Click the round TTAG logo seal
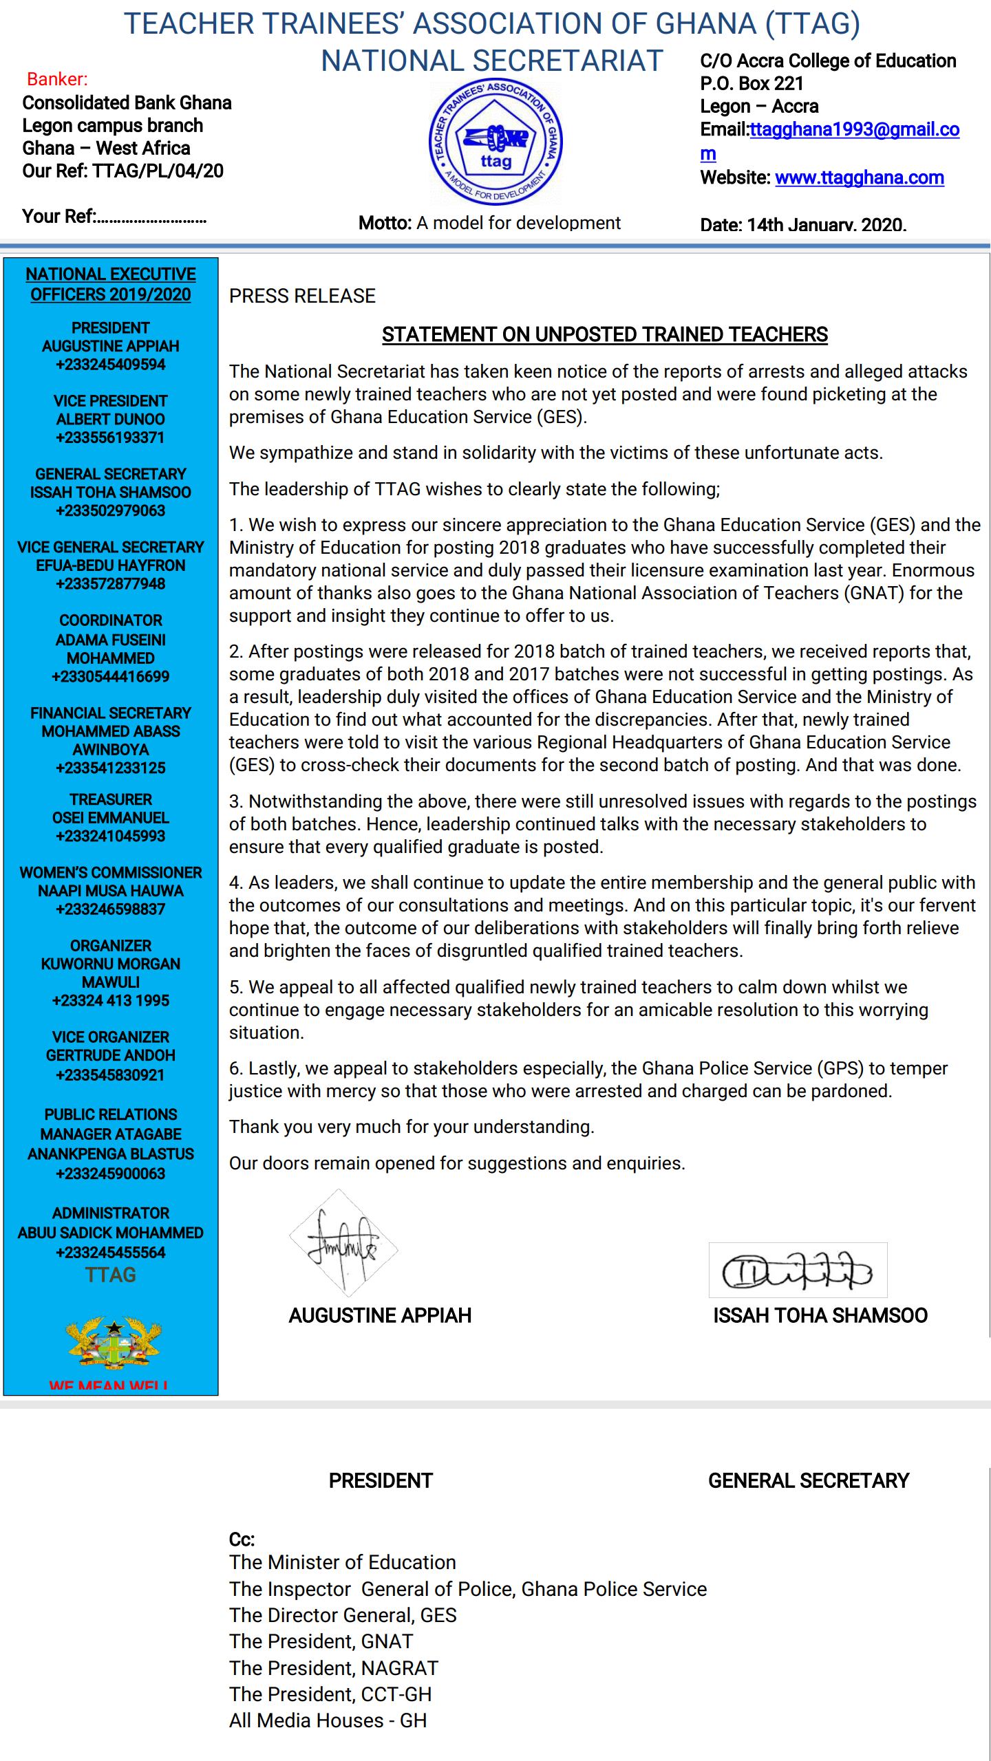pos(495,142)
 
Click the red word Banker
pos(57,79)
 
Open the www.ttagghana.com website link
pos(859,177)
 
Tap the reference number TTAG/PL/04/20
pos(158,171)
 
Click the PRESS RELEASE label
pos(302,296)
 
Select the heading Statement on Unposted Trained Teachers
pos(604,334)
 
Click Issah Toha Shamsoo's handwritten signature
pos(798,1271)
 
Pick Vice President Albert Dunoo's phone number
pos(110,437)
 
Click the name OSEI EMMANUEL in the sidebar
pos(110,818)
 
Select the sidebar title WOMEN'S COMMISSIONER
pos(110,872)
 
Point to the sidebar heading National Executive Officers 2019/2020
pos(110,284)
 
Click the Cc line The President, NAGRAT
pos(334,1668)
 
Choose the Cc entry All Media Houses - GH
pos(328,1720)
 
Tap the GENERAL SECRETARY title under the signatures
pos(809,1480)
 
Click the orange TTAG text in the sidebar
pos(110,1275)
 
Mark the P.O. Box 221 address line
pos(752,83)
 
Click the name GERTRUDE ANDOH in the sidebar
pos(110,1055)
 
